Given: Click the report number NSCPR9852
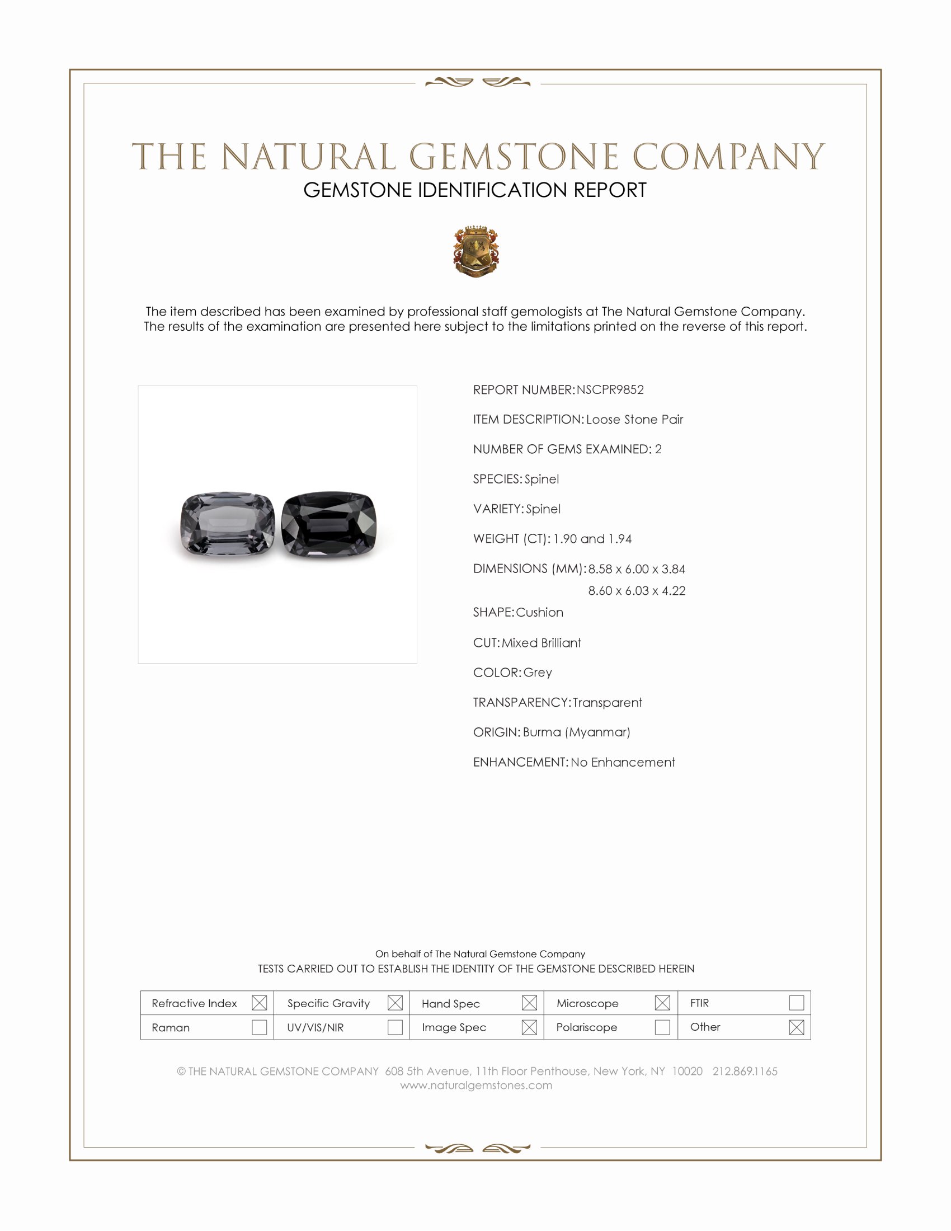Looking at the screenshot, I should [x=610, y=390].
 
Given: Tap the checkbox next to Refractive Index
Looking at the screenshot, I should [x=259, y=1003].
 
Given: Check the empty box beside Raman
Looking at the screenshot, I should [x=259, y=1027].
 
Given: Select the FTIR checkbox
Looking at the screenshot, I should [x=796, y=1003].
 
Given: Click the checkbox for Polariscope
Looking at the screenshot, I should [x=662, y=1027].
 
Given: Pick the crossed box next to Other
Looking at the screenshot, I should [x=796, y=1027].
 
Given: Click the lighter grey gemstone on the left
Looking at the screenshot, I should [x=228, y=524].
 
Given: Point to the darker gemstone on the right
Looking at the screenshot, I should [x=328, y=525].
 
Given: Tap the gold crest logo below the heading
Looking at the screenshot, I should [x=476, y=251].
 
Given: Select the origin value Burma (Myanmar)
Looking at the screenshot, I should [x=576, y=732].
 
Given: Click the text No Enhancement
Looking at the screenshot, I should [x=623, y=762].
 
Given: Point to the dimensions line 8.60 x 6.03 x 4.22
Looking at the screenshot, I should [x=637, y=591].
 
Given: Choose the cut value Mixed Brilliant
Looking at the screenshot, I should [x=542, y=642].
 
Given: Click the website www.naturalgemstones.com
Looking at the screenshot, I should [x=476, y=1085].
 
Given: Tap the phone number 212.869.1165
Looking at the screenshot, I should [x=745, y=1071].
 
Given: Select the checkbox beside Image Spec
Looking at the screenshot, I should [x=529, y=1027].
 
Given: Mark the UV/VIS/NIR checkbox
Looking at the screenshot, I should [x=395, y=1027].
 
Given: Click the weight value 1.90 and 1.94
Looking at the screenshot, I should [x=592, y=539].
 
